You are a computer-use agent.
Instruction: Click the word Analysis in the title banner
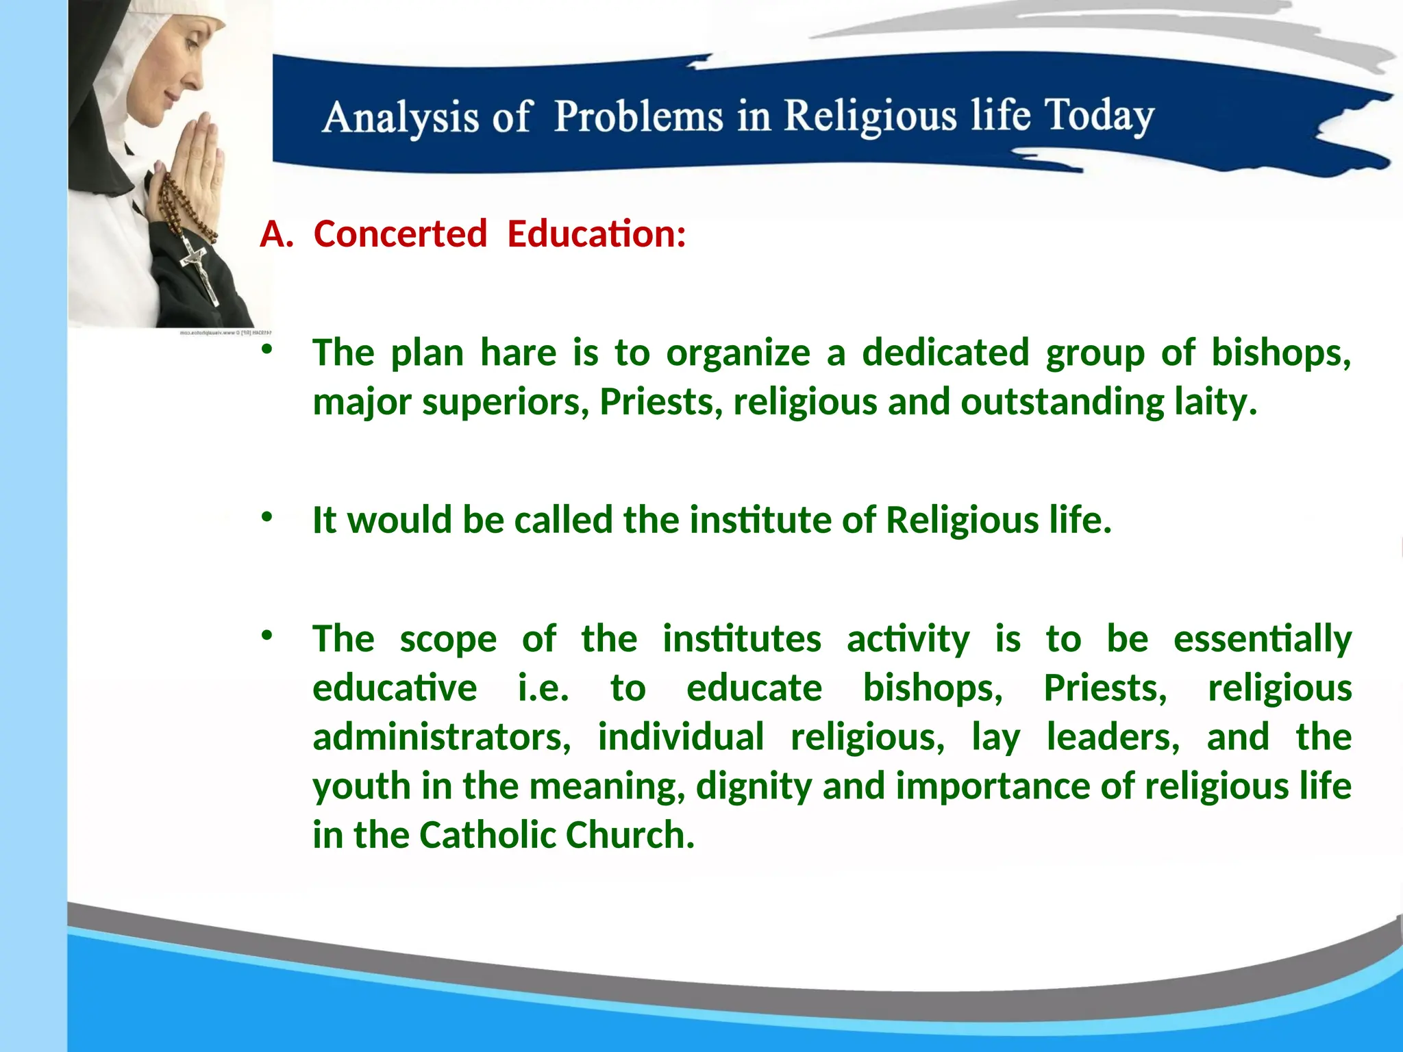(400, 116)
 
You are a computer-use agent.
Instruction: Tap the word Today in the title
(1099, 115)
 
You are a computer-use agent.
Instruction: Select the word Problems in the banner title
(638, 115)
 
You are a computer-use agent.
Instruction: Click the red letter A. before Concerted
(277, 234)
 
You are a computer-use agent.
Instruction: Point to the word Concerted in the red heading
(400, 234)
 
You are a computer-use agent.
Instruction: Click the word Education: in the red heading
(596, 234)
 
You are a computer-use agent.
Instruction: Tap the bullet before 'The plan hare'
(266, 350)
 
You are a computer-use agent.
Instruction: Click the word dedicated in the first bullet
(945, 353)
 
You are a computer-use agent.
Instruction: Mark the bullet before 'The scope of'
(266, 636)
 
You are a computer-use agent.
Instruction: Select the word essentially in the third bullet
(1262, 639)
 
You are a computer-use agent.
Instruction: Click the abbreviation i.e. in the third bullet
(543, 688)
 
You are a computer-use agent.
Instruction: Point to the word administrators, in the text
(442, 737)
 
